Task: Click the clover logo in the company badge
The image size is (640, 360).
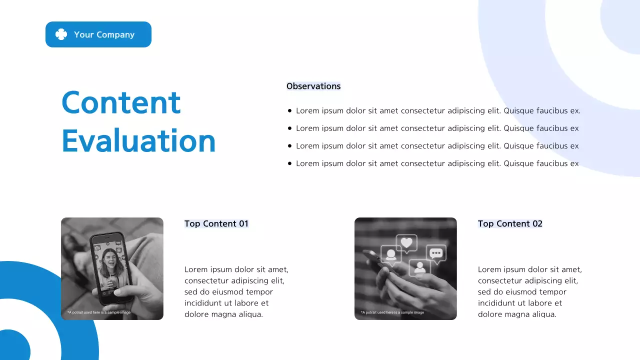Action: [61, 34]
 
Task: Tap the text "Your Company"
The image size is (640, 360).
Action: [104, 34]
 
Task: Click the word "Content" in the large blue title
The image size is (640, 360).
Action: [120, 102]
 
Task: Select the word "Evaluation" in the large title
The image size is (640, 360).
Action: [138, 141]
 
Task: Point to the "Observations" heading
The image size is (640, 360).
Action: [313, 86]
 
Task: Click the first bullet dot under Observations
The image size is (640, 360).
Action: [289, 111]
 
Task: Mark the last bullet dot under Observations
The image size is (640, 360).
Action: [289, 163]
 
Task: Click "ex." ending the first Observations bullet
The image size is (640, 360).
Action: [575, 111]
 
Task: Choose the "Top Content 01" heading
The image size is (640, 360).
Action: [216, 223]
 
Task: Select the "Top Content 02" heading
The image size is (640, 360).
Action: [510, 223]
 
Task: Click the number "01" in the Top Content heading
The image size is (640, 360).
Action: [243, 223]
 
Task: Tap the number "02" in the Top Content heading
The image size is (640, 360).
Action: [537, 223]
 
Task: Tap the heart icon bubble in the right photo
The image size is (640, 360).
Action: [407, 243]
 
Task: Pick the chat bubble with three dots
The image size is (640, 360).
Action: [436, 253]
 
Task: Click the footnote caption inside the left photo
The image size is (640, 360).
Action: [99, 312]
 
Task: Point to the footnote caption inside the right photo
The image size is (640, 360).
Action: [392, 312]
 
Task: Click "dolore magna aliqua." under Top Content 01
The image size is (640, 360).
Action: [223, 314]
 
